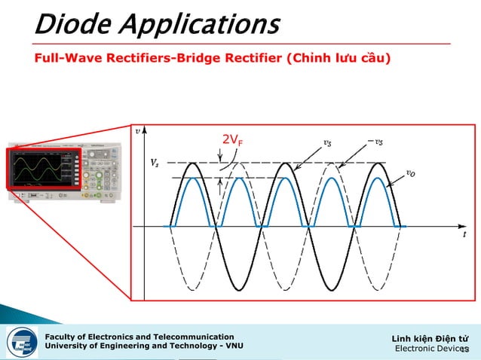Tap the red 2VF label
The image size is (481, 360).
click(x=232, y=140)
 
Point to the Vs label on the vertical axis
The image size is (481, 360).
click(x=154, y=163)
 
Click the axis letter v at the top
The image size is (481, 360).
click(x=137, y=130)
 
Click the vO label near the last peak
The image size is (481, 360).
click(x=410, y=172)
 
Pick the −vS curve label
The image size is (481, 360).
click(x=375, y=141)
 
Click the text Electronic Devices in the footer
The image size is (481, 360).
click(x=431, y=349)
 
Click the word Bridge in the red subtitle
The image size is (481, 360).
click(x=195, y=58)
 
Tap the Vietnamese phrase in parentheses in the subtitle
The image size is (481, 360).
click(x=338, y=58)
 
